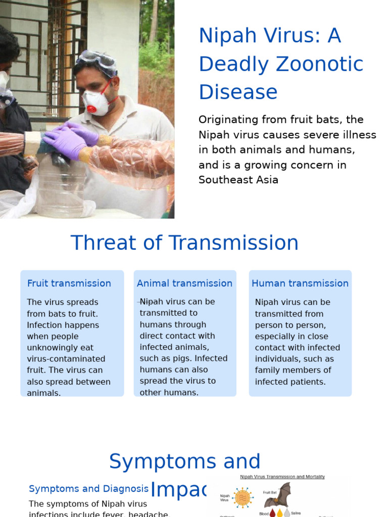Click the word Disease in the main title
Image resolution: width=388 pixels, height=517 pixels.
pos(238,92)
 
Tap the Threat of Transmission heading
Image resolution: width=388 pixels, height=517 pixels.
pos(184,243)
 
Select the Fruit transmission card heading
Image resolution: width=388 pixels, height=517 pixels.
pos(69,283)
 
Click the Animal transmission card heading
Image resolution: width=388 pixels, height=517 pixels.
pos(184,283)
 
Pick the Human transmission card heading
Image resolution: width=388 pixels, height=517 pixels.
pos(300,283)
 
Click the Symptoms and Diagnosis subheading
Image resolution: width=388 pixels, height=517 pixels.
pos(88,489)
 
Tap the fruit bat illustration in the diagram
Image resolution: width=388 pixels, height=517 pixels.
pos(279,496)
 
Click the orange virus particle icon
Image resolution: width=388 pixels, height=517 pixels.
pos(243,497)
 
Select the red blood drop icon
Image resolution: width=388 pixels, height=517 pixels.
pos(273,512)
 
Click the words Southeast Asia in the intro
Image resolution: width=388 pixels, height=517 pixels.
pos(238,180)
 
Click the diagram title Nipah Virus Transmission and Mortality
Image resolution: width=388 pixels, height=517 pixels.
pos(282,477)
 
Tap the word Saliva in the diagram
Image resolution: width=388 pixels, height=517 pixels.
pos(296,513)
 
